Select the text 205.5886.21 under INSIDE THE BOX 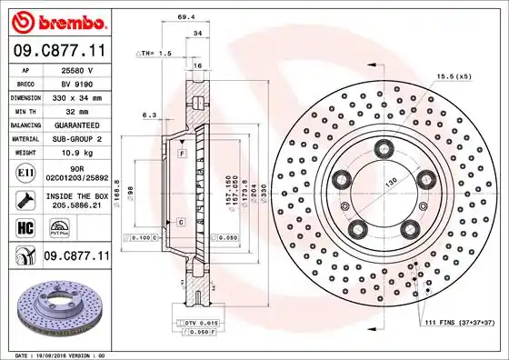click(73, 205)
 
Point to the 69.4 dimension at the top click(186, 17)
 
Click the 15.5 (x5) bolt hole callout click(454, 76)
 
